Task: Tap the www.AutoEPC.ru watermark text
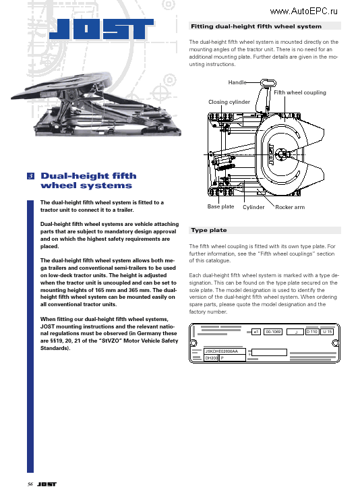point(304,11)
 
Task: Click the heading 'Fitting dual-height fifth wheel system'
point(256,26)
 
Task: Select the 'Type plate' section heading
point(209,230)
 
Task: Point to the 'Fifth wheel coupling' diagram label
point(300,92)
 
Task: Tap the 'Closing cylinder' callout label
point(229,102)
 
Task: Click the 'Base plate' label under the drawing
point(220,206)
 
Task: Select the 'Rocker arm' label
point(290,207)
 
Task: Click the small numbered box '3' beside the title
point(31,176)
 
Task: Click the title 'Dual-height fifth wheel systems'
point(87,181)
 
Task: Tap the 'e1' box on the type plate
point(256,332)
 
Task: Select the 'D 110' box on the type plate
point(312,332)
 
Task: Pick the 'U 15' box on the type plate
point(327,332)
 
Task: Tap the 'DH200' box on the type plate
point(211,359)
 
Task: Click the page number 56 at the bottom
point(30,484)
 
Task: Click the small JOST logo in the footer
point(47,484)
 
